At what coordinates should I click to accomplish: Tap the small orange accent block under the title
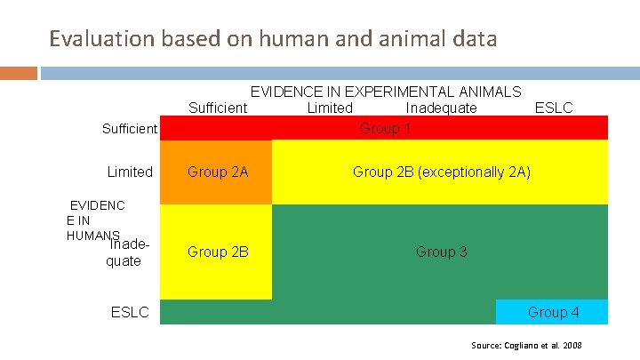19,73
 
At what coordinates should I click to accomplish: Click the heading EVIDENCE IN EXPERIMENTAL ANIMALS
386,92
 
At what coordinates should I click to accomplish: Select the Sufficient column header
218,108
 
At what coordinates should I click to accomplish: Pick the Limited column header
329,108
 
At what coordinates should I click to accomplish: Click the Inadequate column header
441,108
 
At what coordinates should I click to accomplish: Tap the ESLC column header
553,108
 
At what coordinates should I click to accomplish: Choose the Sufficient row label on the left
130,129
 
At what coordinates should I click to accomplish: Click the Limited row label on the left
130,172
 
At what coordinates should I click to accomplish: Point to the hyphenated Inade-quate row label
124,252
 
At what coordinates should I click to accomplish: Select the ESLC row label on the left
130,312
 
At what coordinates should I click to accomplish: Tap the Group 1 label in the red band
385,128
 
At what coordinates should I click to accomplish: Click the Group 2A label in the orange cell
218,172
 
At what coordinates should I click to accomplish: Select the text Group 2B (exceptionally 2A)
441,172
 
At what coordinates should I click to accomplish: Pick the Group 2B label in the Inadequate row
218,252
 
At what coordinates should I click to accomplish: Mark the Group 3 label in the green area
441,252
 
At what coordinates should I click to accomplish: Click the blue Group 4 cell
552,312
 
